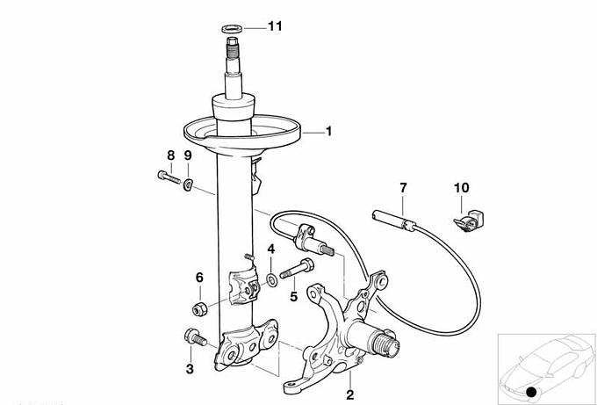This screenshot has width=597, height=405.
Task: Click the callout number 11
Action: (275, 26)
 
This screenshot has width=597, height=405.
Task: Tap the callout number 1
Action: (328, 132)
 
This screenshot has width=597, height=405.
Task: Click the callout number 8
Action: (171, 155)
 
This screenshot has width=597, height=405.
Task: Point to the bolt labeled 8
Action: (169, 177)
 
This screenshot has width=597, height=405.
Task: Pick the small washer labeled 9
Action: (188, 184)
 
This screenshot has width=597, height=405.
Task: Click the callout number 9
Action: (188, 155)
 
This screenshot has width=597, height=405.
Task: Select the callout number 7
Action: (403, 188)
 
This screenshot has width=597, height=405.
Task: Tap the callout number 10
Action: (462, 188)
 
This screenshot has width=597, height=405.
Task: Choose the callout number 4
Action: (270, 250)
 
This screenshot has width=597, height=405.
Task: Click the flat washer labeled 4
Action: (271, 281)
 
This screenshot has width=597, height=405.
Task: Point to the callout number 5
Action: (293, 296)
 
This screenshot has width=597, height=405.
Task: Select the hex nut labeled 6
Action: (200, 307)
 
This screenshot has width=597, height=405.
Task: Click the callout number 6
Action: (199, 278)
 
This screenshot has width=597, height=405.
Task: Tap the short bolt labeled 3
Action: (196, 336)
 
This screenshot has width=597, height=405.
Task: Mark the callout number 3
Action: (190, 369)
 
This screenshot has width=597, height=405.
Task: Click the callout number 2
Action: (350, 394)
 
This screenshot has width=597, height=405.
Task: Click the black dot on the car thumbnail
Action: (531, 392)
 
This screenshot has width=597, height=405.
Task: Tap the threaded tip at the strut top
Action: (232, 47)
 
